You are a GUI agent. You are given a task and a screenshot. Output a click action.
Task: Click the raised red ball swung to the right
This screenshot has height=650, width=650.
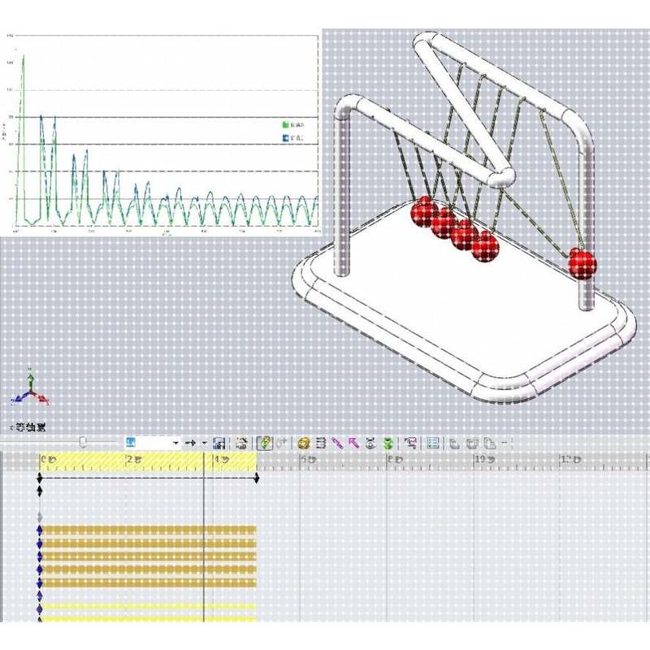[x=582, y=262]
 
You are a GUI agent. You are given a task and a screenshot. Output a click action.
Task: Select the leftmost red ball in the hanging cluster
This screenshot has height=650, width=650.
[x=423, y=212]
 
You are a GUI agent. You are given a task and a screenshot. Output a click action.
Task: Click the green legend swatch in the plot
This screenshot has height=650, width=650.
[x=285, y=125]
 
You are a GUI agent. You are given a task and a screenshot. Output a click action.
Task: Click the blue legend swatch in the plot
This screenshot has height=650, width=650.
[x=285, y=138]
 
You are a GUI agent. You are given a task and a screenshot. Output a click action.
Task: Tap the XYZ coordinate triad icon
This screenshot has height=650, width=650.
[x=30, y=390]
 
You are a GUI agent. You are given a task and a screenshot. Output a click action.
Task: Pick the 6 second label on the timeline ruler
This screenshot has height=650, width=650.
[x=307, y=461]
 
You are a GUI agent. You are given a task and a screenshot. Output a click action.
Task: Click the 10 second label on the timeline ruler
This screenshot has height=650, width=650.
[x=480, y=461]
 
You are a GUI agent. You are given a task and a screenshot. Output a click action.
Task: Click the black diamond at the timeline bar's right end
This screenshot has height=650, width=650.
[x=257, y=479]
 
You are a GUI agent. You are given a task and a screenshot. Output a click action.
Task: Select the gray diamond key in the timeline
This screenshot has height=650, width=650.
[x=40, y=516]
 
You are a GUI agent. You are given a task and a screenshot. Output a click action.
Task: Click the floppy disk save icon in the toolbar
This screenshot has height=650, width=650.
[x=219, y=444]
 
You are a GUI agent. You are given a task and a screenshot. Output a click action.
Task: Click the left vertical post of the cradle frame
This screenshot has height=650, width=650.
[x=343, y=195]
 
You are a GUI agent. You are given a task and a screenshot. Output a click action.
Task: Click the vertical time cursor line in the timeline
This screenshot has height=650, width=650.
[x=203, y=552]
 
